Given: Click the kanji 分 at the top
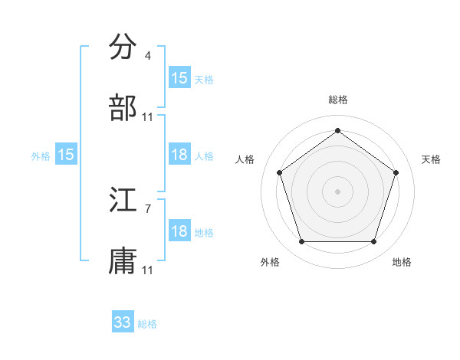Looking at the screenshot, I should (x=123, y=47).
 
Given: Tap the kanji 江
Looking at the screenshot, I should (x=123, y=201).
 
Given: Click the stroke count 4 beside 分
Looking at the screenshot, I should (x=147, y=56).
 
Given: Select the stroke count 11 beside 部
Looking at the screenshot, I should (x=148, y=117).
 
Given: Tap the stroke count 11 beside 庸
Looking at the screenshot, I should (x=148, y=270).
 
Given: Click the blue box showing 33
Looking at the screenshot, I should (x=123, y=322).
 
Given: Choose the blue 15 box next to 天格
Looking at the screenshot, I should (x=179, y=78).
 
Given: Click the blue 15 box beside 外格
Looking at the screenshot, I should (x=66, y=155).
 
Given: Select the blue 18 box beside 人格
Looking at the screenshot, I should (x=179, y=155).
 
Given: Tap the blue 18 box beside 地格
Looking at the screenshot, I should (x=179, y=231).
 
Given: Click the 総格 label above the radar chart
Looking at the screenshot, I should (x=337, y=100).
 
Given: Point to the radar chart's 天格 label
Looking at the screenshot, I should (x=431, y=159).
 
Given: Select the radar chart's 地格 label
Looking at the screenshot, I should (x=402, y=262).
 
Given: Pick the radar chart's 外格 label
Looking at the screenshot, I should (x=270, y=262).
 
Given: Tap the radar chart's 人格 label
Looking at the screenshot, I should (x=245, y=159).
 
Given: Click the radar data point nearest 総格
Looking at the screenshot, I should (x=337, y=130).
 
